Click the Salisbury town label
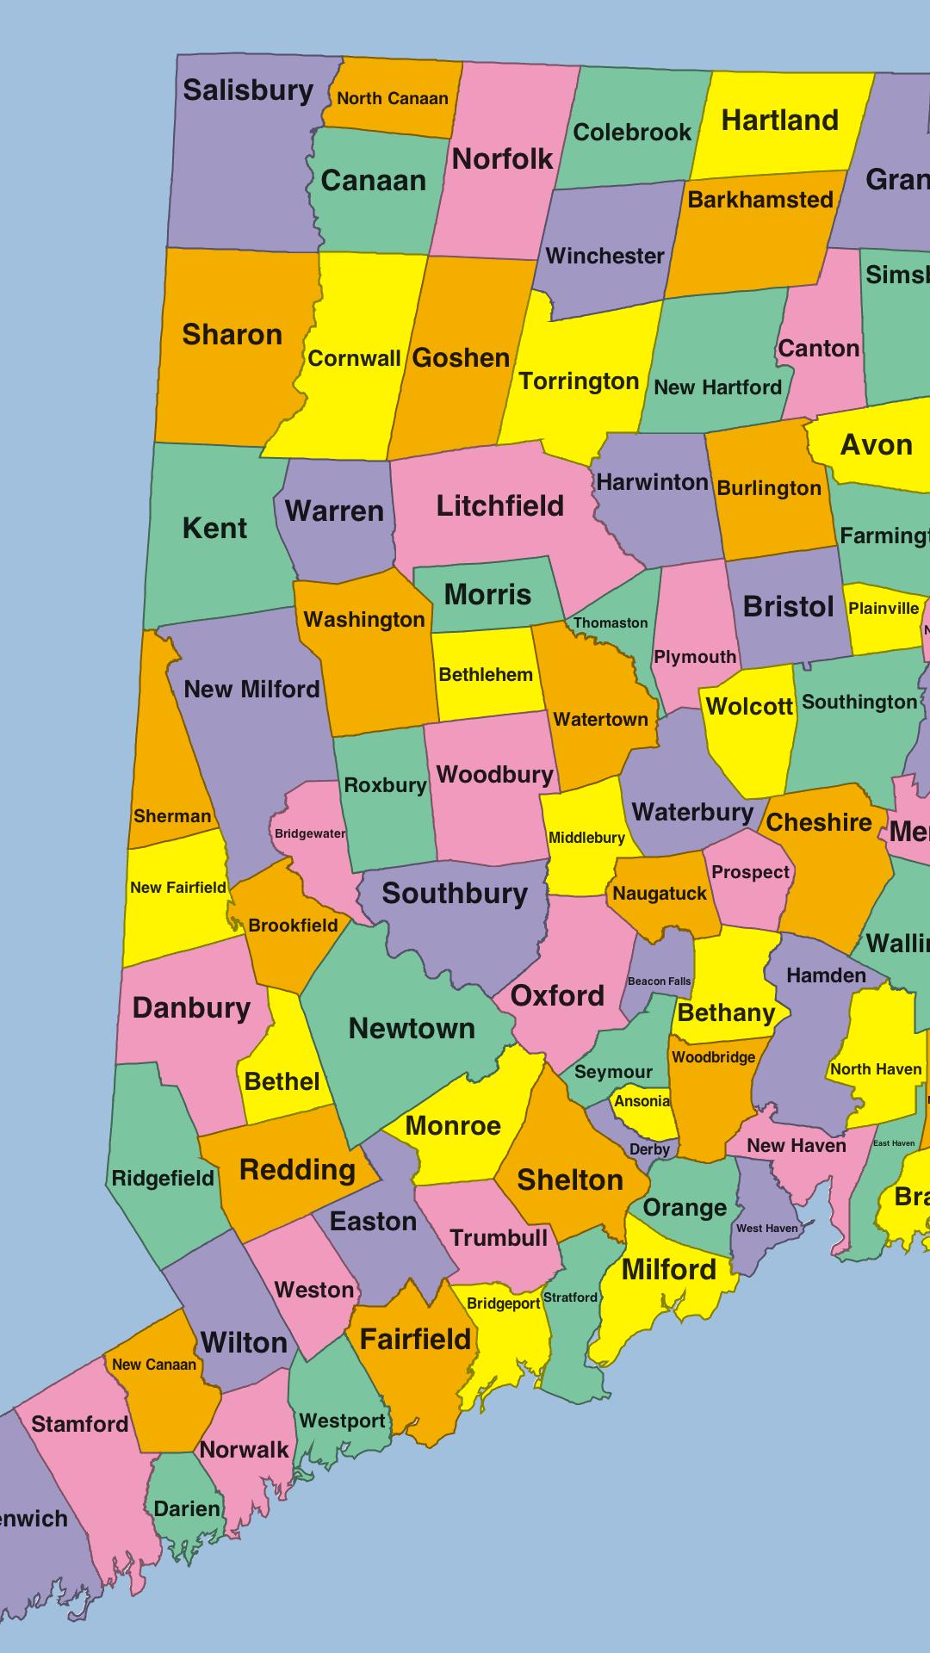point(248,90)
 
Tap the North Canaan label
point(392,98)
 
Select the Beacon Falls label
point(659,981)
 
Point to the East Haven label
point(894,1143)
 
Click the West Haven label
point(766,1228)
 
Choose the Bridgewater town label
point(310,833)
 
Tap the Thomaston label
point(611,622)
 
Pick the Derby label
point(649,1149)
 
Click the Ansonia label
point(642,1101)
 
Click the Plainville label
point(883,608)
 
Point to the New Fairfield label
point(177,887)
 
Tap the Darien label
point(187,1508)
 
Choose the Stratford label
point(570,1297)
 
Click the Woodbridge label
point(713,1057)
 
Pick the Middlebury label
point(586,838)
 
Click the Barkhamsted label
point(760,200)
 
